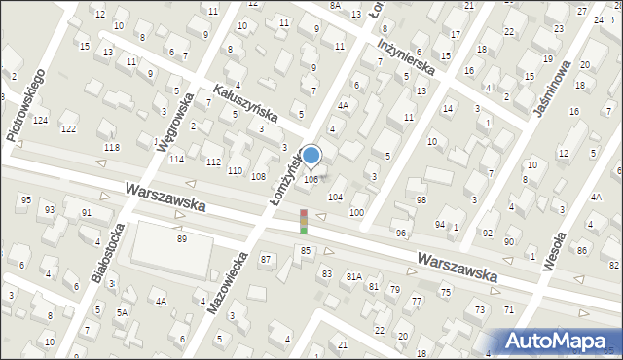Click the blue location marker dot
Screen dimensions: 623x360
(x=311, y=155)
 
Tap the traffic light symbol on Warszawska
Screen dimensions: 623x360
(x=304, y=221)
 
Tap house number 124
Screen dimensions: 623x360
(x=40, y=120)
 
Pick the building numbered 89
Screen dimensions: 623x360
(x=181, y=238)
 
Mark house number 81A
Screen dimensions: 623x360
(x=353, y=276)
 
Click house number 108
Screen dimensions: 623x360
(x=258, y=176)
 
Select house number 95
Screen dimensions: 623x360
(x=25, y=199)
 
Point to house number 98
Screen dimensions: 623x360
(x=421, y=199)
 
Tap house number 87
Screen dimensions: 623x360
(x=265, y=259)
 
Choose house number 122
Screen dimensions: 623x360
(x=68, y=128)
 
